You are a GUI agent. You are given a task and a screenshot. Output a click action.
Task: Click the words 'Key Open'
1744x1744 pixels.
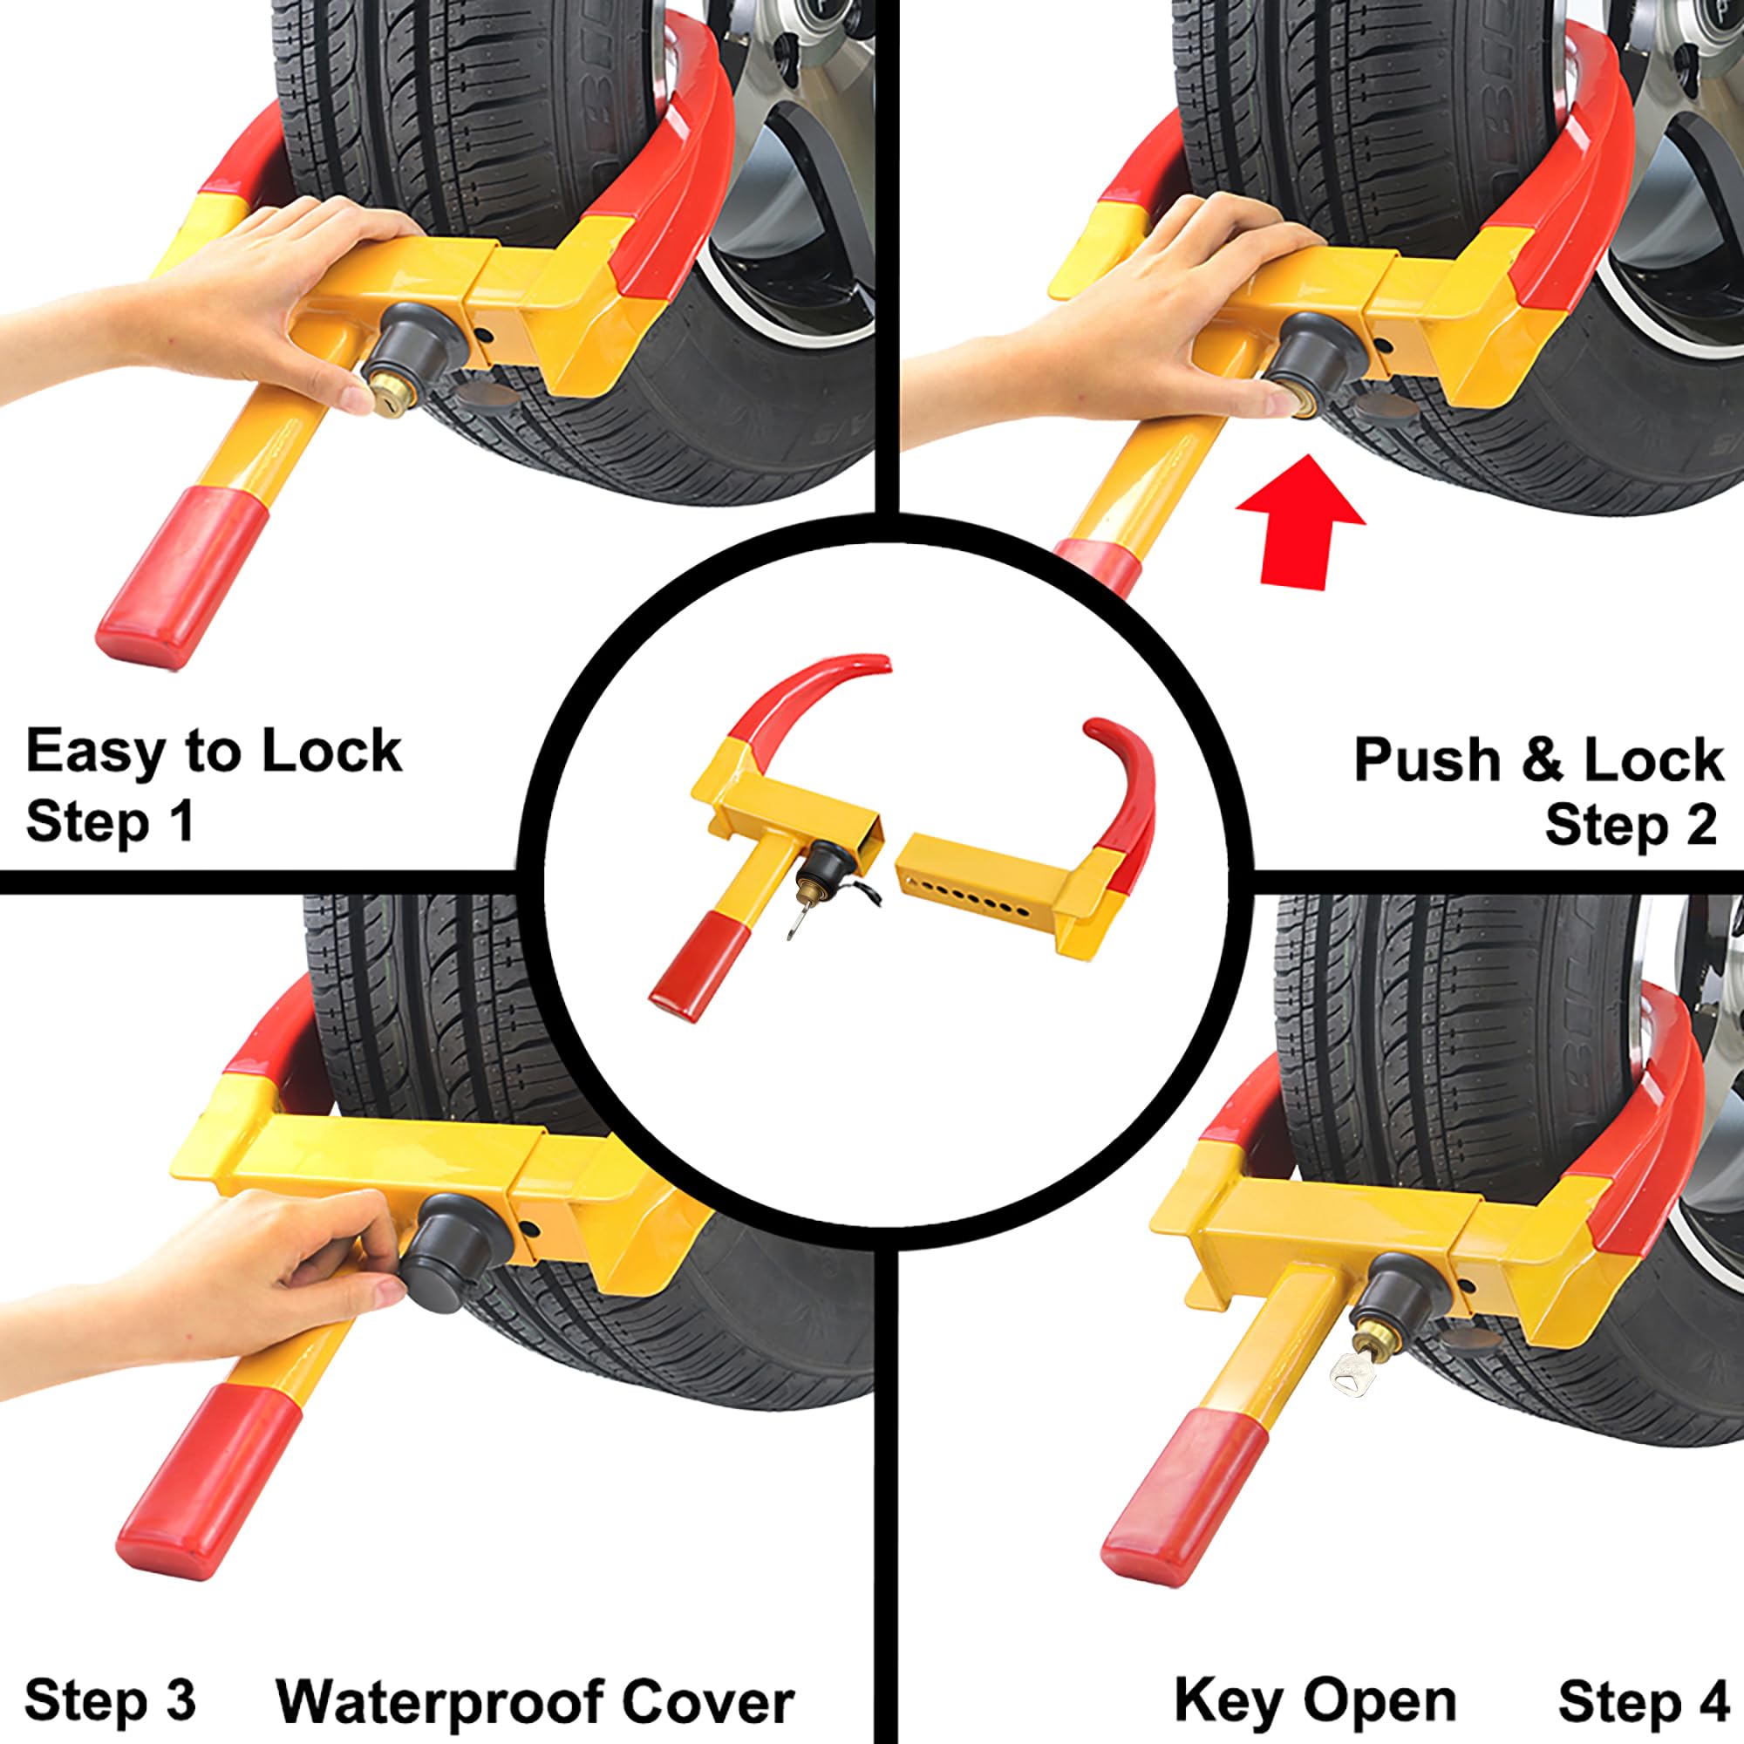tap(1314, 1675)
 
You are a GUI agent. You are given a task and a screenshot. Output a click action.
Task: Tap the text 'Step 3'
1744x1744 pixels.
tap(110, 1675)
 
